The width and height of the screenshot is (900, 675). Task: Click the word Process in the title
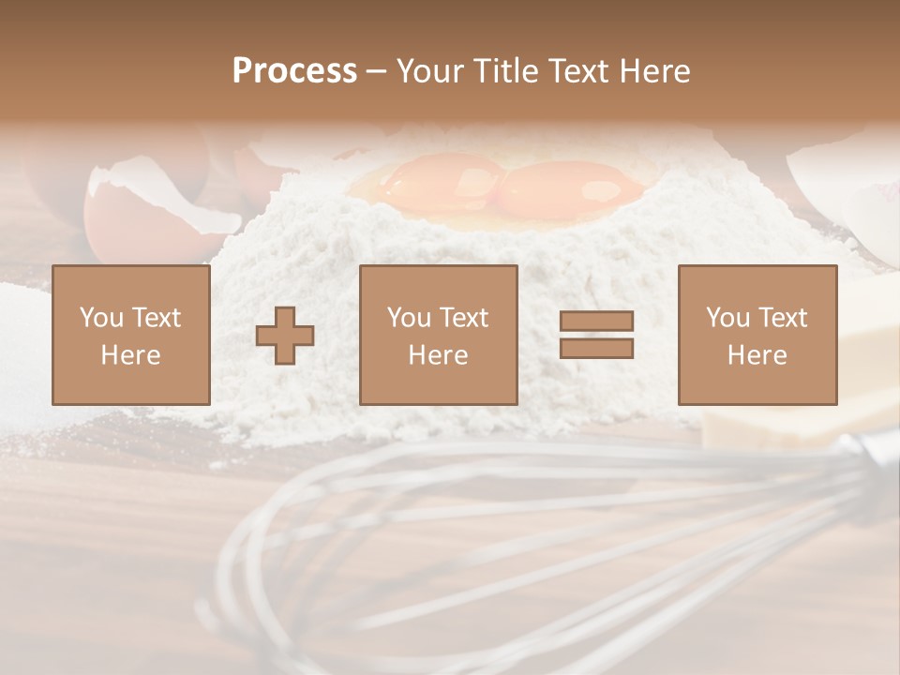tap(294, 71)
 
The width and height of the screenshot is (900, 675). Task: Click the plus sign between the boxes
tap(285, 335)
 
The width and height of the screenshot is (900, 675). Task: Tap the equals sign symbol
tap(596, 335)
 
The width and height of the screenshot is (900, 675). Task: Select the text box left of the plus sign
tap(131, 335)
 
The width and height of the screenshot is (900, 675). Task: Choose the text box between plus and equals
tap(438, 335)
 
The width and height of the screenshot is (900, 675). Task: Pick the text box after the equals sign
tap(757, 335)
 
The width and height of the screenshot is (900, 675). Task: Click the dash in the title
tap(376, 71)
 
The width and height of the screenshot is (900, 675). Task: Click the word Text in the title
tap(578, 71)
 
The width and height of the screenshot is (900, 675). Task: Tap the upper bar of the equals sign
tap(596, 322)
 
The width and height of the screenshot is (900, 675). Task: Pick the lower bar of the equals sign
tap(596, 349)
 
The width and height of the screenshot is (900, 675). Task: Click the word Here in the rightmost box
tap(757, 355)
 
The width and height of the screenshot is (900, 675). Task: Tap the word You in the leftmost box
tap(100, 318)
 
